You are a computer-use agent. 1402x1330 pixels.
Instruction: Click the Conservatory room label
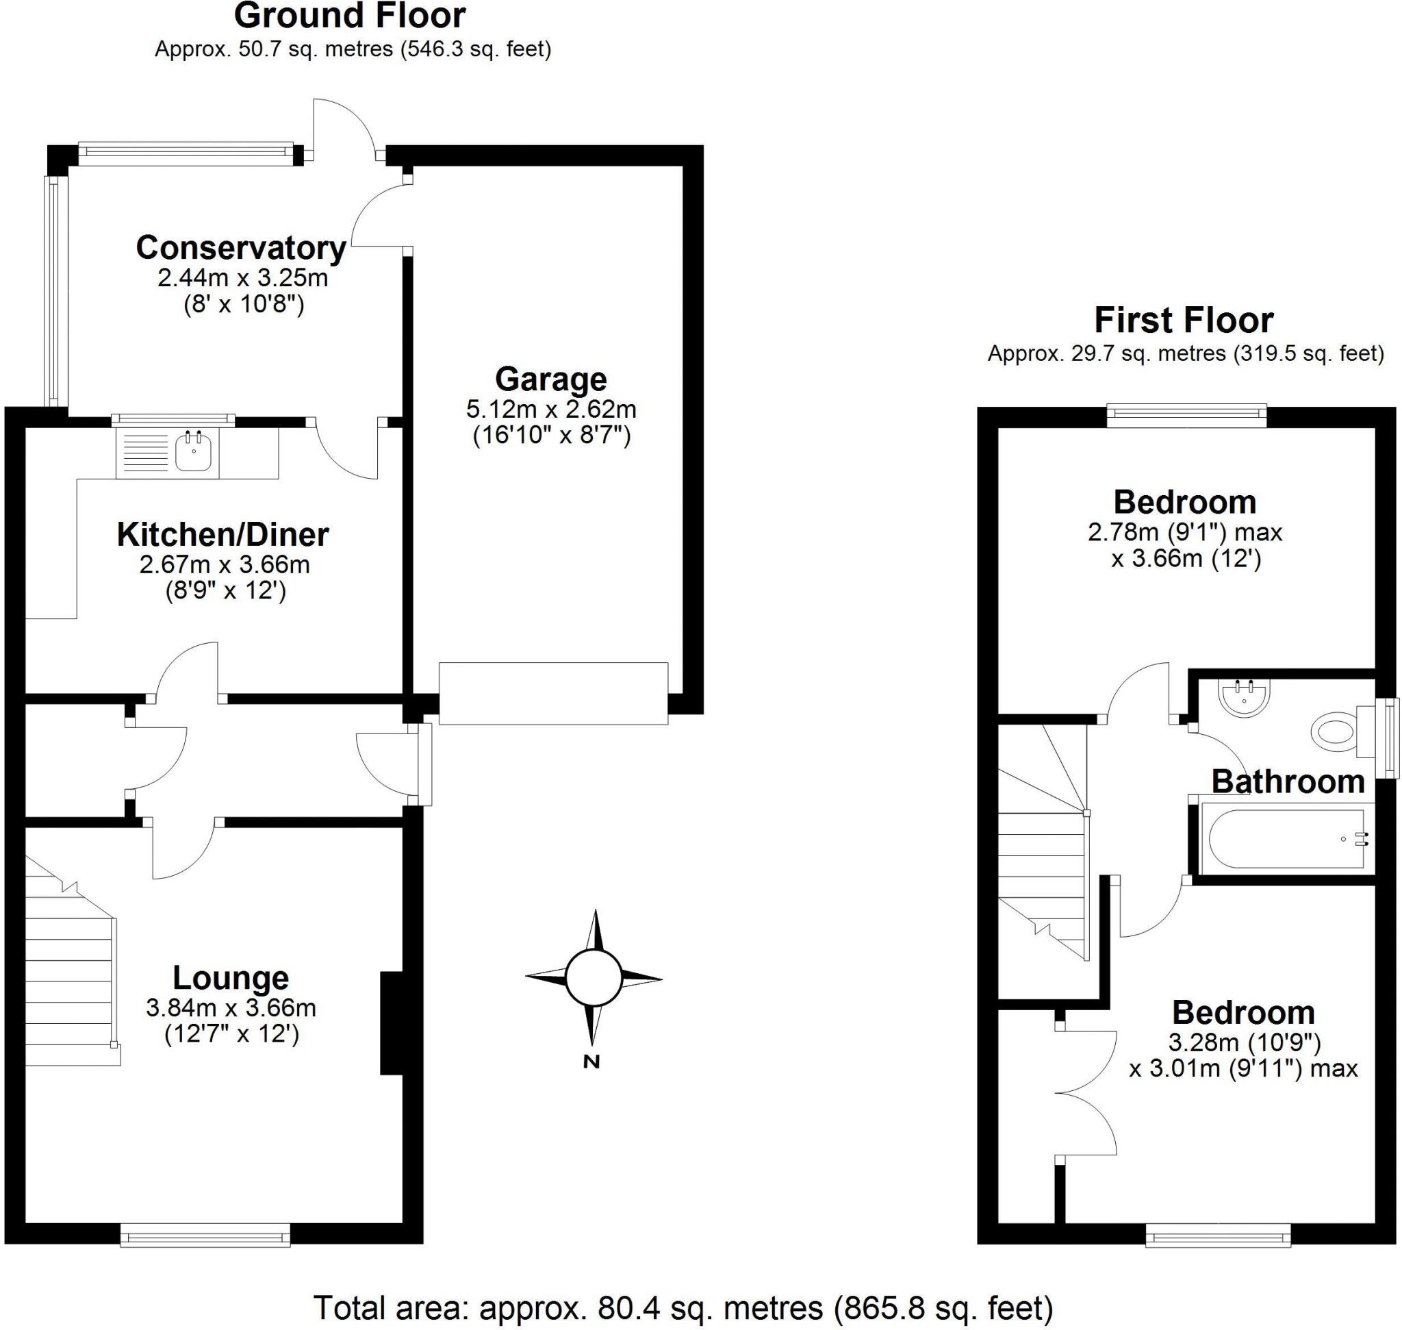click(241, 248)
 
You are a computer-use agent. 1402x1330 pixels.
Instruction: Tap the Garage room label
click(550, 379)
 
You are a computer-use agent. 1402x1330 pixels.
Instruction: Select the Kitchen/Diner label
click(222, 535)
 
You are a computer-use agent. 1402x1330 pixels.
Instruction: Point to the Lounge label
click(231, 978)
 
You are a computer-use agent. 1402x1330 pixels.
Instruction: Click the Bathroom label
click(1288, 782)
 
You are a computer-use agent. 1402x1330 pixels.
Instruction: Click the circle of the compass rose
click(594, 978)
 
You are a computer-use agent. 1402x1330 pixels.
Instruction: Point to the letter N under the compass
click(591, 1062)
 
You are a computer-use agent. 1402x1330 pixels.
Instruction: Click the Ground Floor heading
click(350, 16)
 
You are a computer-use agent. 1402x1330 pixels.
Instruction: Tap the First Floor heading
click(1184, 321)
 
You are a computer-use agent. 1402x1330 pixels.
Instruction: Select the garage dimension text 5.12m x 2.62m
click(550, 409)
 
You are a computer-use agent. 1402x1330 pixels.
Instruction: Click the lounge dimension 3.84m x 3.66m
click(231, 1007)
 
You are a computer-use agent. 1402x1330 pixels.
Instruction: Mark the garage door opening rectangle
click(553, 692)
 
